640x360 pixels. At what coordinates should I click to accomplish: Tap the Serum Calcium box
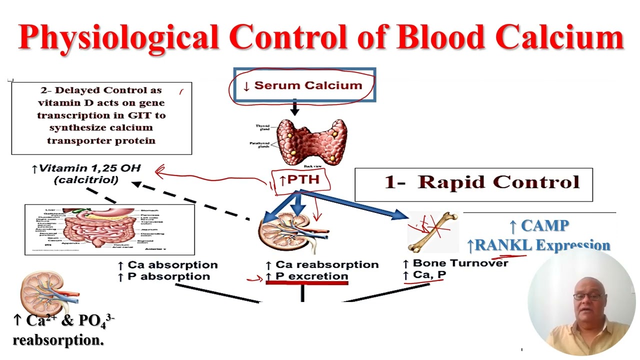(304, 85)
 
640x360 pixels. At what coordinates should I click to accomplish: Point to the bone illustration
(433, 231)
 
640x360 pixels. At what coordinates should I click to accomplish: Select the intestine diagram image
(109, 229)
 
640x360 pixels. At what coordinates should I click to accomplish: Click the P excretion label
(311, 276)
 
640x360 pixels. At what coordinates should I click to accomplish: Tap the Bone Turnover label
(459, 263)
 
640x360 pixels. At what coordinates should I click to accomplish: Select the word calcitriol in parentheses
(85, 180)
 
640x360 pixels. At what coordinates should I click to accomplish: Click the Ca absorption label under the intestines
(172, 264)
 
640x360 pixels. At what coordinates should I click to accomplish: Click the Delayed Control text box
(101, 118)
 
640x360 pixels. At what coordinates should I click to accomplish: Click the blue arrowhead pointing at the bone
(399, 215)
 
